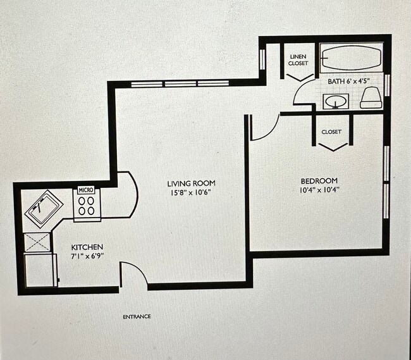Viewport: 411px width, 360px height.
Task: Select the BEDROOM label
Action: coord(319,180)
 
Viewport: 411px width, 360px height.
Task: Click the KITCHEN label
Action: coord(87,247)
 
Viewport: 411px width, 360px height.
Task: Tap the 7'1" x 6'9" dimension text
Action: coord(87,256)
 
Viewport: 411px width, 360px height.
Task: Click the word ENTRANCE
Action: coord(137,316)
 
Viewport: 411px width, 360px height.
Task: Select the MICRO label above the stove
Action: coord(86,190)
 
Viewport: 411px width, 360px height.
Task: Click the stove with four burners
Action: coord(87,206)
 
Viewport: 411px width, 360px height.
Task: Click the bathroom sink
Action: coord(335,101)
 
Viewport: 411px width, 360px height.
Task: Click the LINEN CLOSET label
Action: coord(298,60)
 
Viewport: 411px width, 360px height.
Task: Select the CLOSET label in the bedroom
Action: coord(331,132)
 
